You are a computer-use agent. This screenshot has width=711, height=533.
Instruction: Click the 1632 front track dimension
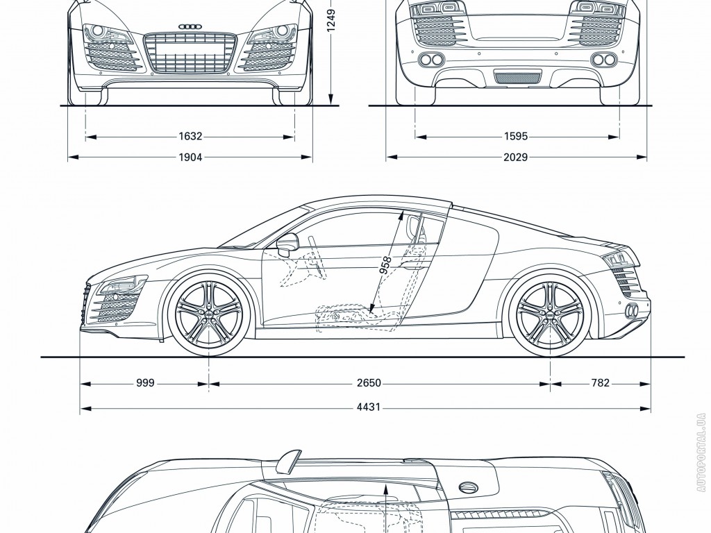190,137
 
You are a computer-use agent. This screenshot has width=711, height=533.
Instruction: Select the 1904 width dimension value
190,158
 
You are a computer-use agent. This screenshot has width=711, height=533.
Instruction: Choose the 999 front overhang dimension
145,382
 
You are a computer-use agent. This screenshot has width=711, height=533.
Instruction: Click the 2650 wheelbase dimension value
369,382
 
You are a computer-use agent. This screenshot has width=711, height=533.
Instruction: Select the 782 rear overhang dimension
600,382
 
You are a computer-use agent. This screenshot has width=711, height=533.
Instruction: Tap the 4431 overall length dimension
369,407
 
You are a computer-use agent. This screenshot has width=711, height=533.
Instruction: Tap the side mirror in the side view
287,243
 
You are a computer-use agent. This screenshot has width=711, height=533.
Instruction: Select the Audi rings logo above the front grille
190,26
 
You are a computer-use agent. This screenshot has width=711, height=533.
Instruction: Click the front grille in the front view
190,52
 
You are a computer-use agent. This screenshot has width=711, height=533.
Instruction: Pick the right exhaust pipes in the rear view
603,59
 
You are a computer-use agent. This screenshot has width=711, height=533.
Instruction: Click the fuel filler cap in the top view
469,488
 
